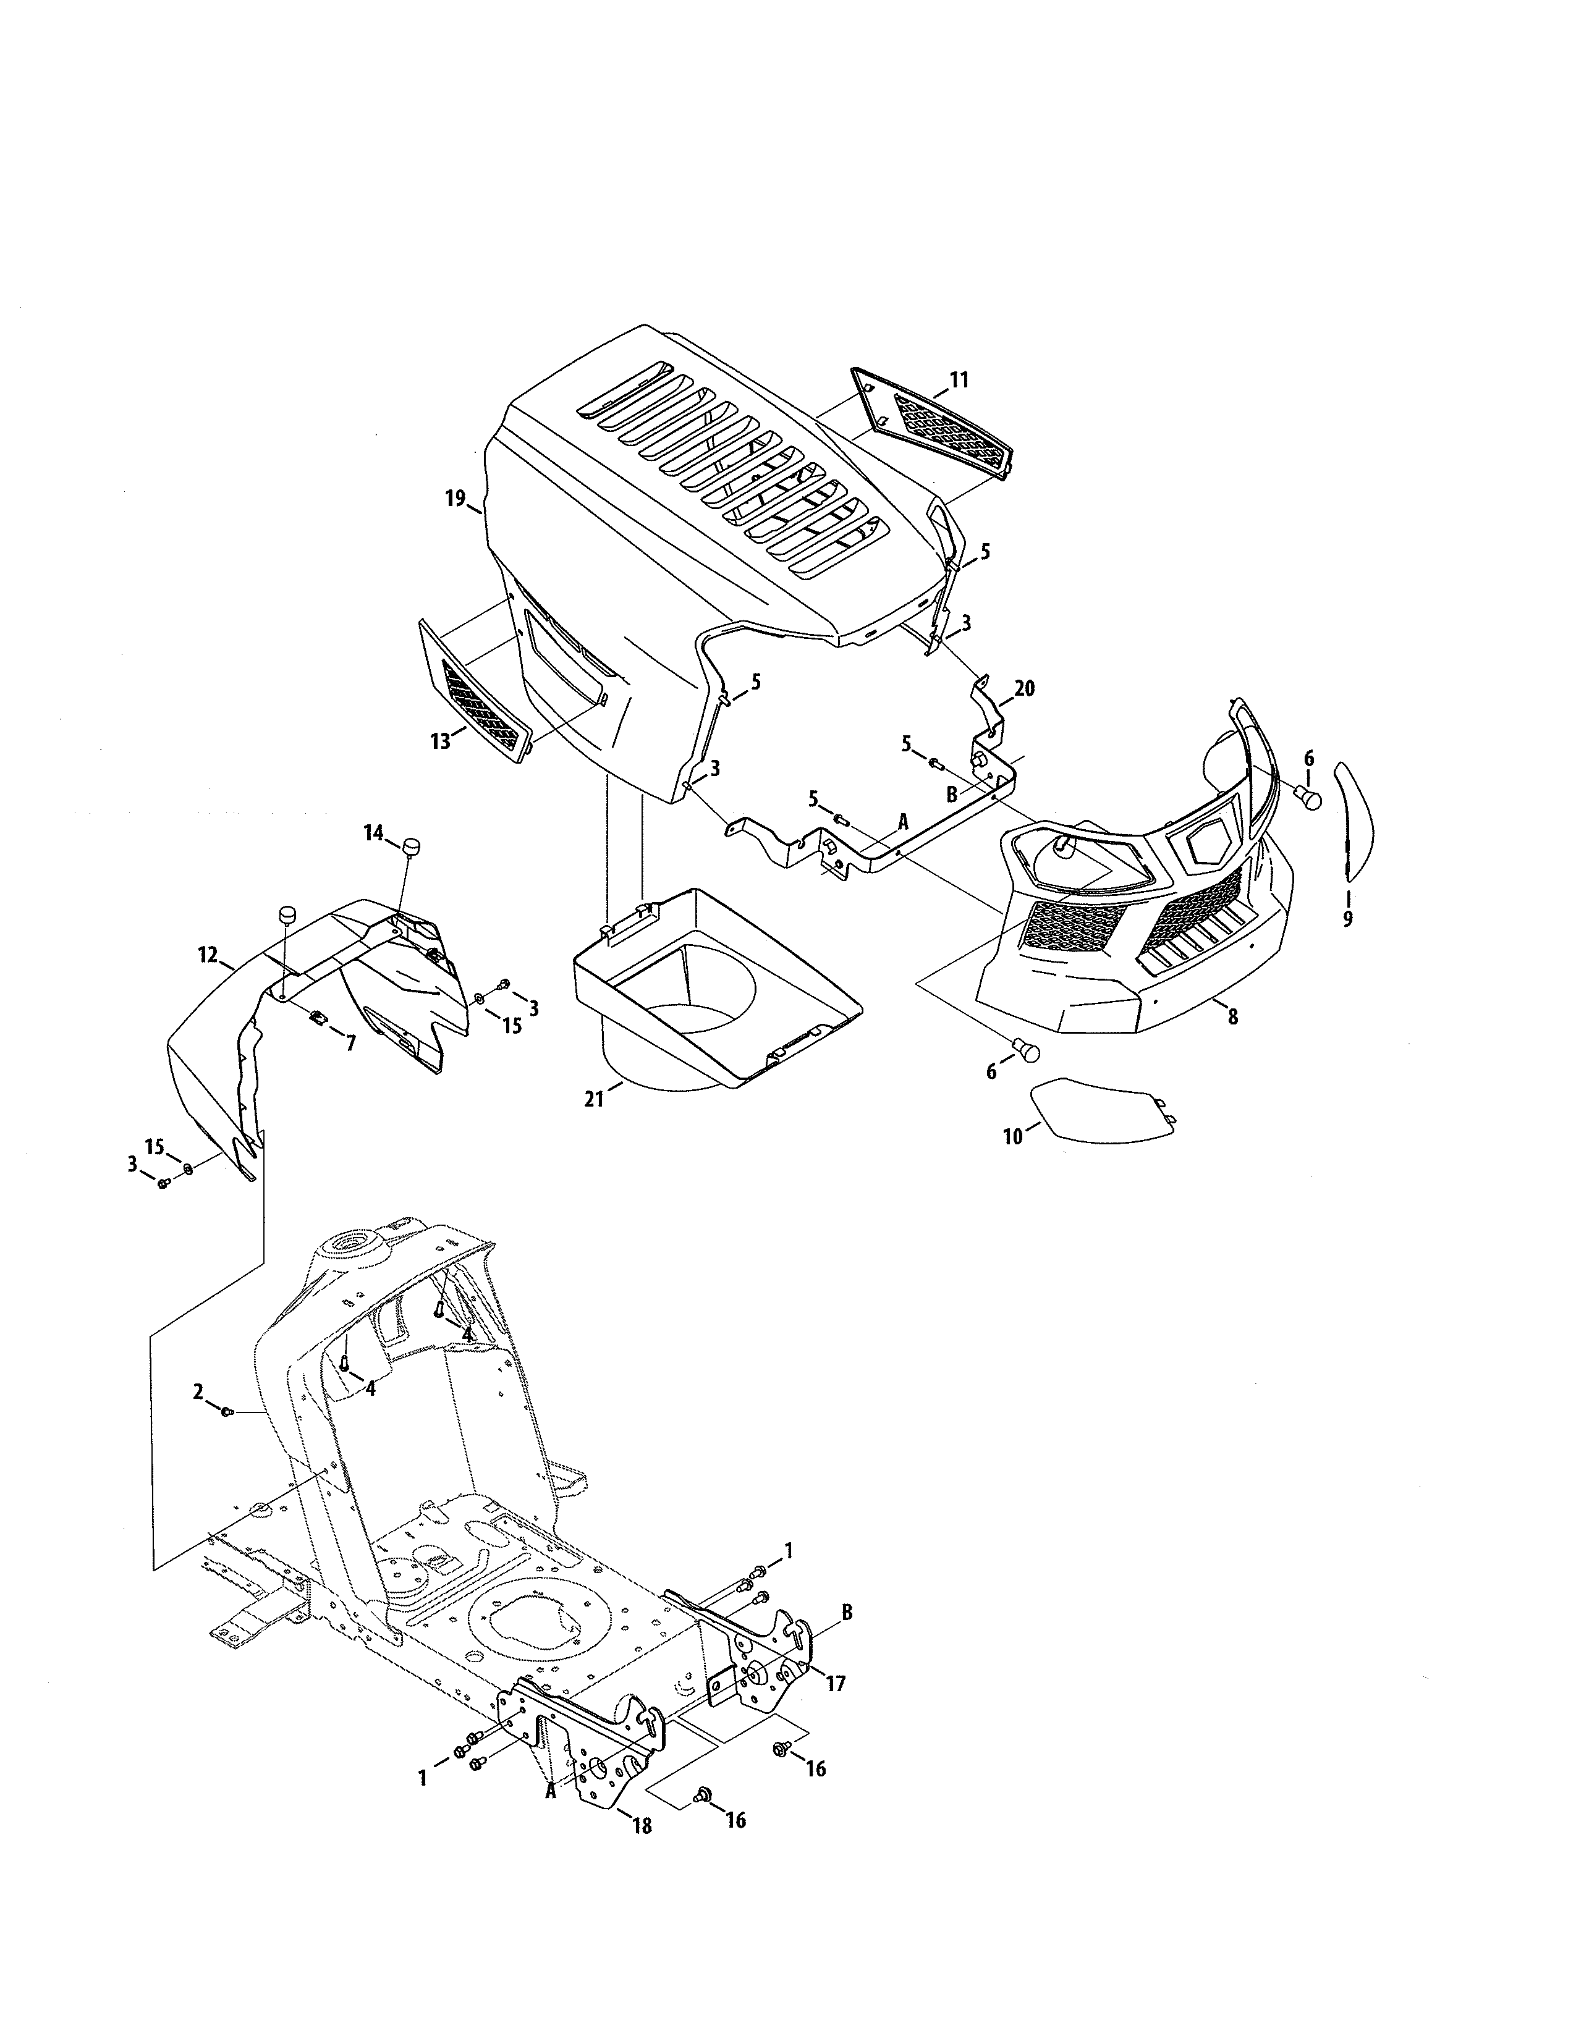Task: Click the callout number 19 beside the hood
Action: click(x=455, y=499)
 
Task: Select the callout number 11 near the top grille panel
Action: click(x=959, y=380)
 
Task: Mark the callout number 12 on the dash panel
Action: click(x=207, y=954)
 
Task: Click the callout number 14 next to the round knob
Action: click(x=373, y=833)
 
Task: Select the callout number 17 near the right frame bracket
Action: click(x=836, y=1683)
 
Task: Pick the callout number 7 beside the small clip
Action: click(x=351, y=1044)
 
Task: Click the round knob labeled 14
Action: click(x=412, y=846)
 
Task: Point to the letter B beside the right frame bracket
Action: click(x=847, y=1612)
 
